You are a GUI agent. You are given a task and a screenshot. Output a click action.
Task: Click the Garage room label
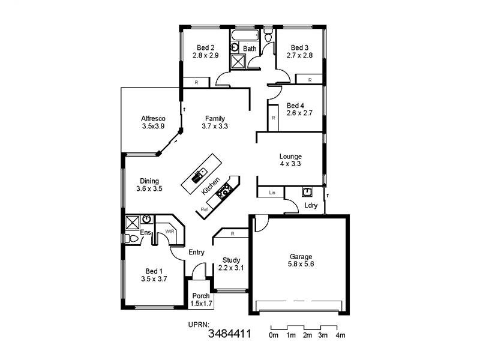301,257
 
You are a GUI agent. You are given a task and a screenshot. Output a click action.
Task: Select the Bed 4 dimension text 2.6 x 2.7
299,113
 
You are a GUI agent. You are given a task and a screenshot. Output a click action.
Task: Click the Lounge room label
290,156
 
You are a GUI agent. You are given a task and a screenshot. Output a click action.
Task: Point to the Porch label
200,296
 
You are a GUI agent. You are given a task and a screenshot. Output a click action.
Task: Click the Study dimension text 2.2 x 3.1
231,268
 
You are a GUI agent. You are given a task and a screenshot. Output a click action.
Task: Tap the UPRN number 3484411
229,334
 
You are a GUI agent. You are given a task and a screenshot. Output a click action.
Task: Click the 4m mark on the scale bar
340,335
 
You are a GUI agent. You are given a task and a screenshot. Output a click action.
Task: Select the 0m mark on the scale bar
274,335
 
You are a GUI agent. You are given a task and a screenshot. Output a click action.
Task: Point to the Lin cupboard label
272,193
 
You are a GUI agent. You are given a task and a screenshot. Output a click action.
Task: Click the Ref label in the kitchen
205,209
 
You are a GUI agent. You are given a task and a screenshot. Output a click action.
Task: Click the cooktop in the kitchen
226,192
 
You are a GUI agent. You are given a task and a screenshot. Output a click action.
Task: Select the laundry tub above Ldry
307,192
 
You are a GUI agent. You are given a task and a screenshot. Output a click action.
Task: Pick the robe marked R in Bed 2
196,82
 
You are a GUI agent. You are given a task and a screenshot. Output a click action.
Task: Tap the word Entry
197,253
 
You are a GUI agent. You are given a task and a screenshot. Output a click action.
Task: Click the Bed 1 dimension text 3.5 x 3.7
153,278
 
